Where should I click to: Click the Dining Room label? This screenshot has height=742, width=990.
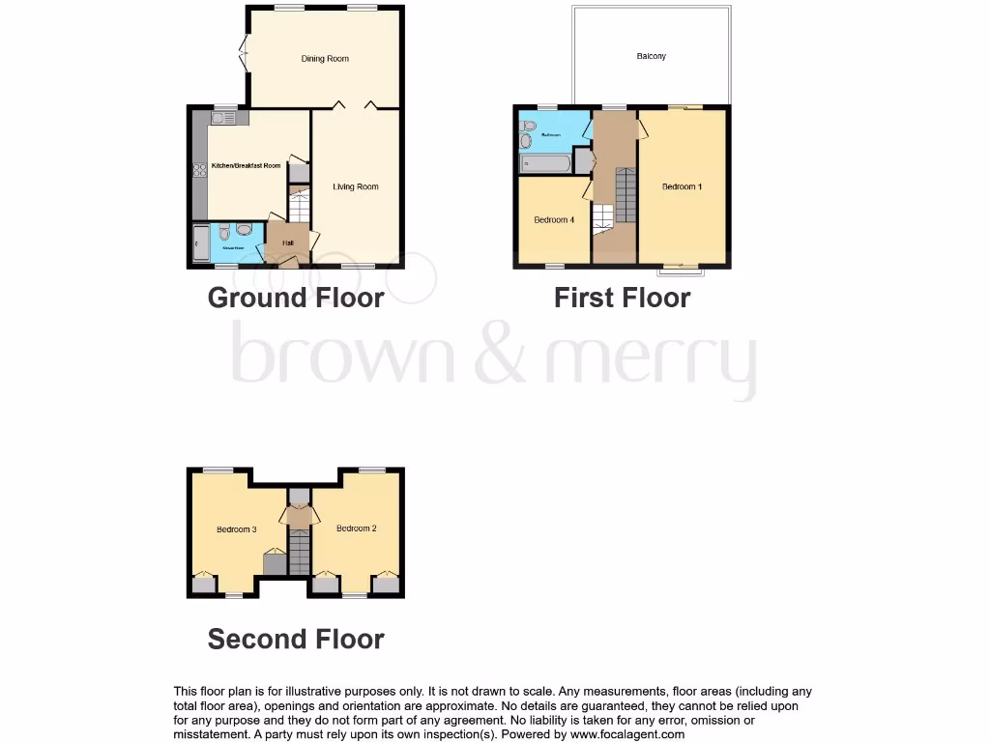point(325,59)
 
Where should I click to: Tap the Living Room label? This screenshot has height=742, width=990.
point(356,186)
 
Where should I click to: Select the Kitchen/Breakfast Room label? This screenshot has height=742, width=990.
point(247,165)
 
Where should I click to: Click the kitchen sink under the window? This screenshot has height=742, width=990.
point(222,118)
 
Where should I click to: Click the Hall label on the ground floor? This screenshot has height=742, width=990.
point(288,243)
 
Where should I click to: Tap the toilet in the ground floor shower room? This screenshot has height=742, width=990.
point(224,232)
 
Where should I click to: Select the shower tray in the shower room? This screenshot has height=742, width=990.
point(201,244)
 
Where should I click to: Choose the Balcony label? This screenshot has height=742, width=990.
point(651,56)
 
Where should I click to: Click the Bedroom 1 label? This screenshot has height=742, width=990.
point(682,186)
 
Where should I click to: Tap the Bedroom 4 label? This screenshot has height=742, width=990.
point(554,219)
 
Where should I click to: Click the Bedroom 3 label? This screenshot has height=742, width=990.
point(236,529)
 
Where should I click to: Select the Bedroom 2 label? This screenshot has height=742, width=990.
point(356,528)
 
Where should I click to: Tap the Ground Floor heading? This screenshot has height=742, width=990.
point(296,298)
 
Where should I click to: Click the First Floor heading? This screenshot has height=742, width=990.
point(622,298)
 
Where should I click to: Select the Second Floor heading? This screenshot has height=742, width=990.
point(296,639)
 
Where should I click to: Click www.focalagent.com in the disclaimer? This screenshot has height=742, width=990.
point(627,734)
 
